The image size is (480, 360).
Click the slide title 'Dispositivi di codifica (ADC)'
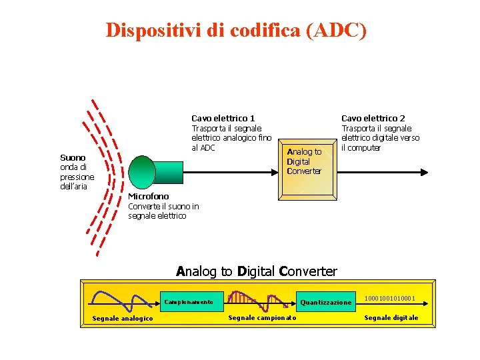point(236,31)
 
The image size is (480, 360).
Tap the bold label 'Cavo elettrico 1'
point(223,118)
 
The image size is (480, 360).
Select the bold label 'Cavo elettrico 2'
point(373,118)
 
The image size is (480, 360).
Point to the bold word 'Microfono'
point(148,196)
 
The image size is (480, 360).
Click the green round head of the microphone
point(142,172)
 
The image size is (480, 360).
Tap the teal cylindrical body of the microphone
point(170,171)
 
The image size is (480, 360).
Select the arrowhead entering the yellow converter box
point(274,171)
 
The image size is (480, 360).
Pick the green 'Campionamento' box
point(189,302)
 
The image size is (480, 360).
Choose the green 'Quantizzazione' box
point(325,302)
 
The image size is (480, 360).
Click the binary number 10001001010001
point(390,298)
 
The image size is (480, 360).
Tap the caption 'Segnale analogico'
point(122,318)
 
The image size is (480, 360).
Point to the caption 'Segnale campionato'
point(262,317)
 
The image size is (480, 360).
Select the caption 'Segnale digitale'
point(391,317)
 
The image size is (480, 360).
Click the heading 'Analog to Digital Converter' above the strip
point(257,271)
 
